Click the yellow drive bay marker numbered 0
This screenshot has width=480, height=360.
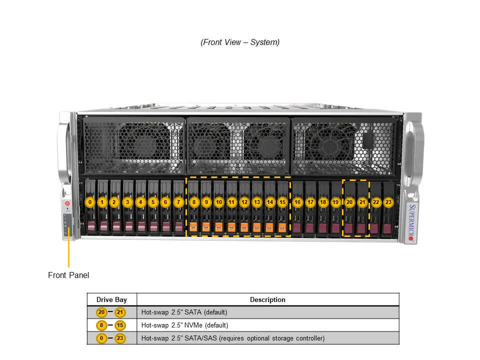point(90,202)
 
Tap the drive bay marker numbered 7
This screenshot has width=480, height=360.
point(178,202)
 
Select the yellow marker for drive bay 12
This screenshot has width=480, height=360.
point(244,202)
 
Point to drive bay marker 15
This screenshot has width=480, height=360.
point(282,202)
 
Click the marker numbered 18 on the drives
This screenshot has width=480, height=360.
point(323,202)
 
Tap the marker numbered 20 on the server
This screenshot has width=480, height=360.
point(349,202)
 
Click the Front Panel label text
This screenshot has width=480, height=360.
point(68,275)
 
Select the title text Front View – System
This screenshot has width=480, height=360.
point(240,42)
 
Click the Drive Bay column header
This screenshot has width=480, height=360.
point(111,299)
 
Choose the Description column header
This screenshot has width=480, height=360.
point(267,299)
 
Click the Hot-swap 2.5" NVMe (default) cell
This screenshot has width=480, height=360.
point(184,325)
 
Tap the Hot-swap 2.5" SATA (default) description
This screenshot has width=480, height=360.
point(184,312)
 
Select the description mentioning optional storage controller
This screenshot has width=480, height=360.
point(232,338)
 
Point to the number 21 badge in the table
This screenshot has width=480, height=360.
point(120,312)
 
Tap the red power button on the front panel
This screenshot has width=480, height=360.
point(67,204)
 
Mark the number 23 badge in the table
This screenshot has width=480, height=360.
point(120,338)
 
